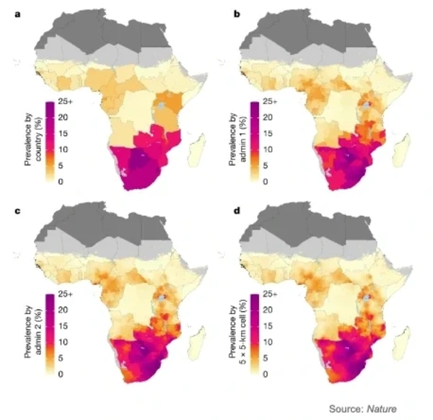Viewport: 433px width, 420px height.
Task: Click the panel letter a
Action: pyautogui.click(x=7, y=6)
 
